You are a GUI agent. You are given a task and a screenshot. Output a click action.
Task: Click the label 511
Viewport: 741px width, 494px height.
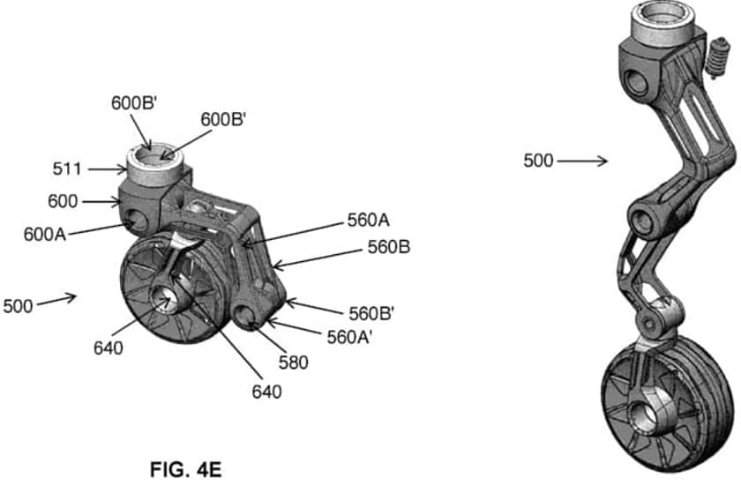pyautogui.click(x=67, y=168)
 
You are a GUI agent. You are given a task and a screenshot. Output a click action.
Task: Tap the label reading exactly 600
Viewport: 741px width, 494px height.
pyautogui.click(x=63, y=201)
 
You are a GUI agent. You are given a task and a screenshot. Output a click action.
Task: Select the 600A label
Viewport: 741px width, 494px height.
pyautogui.click(x=45, y=234)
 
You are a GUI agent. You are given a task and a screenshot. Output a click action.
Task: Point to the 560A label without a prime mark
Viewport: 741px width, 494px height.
pyautogui.click(x=368, y=220)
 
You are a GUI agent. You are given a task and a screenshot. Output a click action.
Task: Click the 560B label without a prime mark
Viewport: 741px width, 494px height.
pyautogui.click(x=388, y=247)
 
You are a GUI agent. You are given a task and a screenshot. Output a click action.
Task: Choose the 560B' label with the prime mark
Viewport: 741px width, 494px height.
pyautogui.click(x=371, y=313)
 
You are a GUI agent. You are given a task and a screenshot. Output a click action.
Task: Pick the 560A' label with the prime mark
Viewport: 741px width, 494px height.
pyautogui.click(x=349, y=337)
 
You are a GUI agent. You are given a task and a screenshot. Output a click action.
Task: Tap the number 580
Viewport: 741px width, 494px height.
pyautogui.click(x=293, y=363)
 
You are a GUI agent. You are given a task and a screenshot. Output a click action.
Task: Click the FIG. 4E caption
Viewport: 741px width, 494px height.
pyautogui.click(x=186, y=470)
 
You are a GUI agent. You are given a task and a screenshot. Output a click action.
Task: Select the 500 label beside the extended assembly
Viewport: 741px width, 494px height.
pyautogui.click(x=538, y=161)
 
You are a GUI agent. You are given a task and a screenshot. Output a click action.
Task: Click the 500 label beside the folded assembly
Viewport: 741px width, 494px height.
pyautogui.click(x=18, y=306)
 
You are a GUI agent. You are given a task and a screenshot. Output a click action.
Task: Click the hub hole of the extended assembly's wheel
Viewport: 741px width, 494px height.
pyautogui.click(x=645, y=416)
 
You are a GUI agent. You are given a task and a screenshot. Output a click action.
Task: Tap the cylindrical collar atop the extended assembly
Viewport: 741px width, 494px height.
pyautogui.click(x=663, y=25)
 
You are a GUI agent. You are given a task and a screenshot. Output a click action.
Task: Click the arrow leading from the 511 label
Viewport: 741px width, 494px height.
pyautogui.click(x=108, y=168)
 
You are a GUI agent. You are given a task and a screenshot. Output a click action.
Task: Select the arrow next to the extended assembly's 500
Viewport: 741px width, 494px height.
pyautogui.click(x=582, y=161)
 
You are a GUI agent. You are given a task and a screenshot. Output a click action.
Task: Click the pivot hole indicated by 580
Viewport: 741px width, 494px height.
pyautogui.click(x=246, y=315)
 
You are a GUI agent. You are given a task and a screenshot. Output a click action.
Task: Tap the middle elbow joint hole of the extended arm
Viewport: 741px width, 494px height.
pyautogui.click(x=642, y=221)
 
